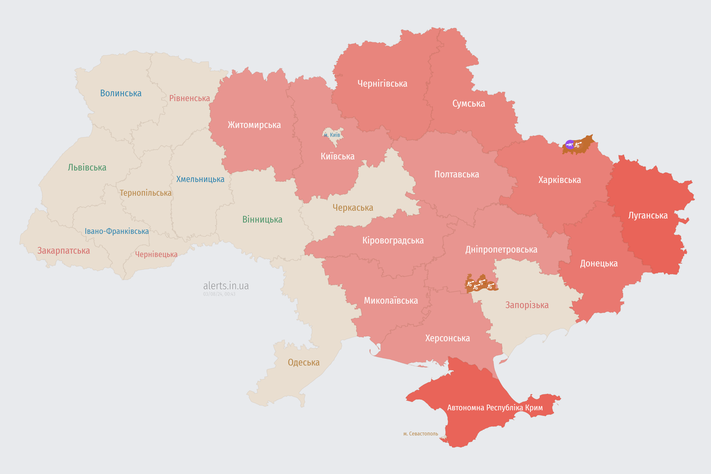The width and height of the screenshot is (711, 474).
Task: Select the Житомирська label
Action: point(254,125)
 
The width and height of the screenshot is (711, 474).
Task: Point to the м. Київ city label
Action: point(332,135)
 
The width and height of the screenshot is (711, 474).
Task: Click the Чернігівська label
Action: point(382,84)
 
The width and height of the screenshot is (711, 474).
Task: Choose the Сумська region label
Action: point(469,104)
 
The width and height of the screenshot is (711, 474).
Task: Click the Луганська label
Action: point(648,216)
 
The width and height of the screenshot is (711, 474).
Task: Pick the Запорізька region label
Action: point(527,305)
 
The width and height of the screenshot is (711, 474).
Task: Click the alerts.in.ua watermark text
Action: point(226,286)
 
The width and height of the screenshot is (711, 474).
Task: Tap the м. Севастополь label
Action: point(420,434)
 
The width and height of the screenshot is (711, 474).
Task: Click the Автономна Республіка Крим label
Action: point(495,408)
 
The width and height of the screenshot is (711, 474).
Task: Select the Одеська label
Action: point(303,363)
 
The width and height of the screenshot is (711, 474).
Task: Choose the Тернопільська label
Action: point(145,193)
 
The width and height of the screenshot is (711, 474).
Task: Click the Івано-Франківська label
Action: point(117,231)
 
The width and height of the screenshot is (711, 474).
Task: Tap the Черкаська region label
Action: point(353,208)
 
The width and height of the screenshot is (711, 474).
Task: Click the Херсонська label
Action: point(447,338)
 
